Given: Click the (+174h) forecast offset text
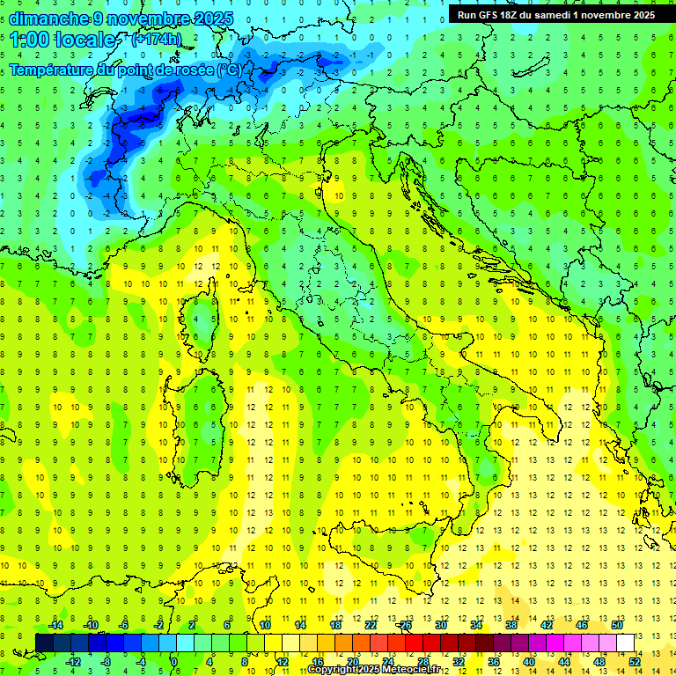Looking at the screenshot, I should [x=156, y=40].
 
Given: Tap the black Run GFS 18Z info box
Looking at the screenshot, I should [x=555, y=15].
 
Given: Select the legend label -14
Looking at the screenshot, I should [x=55, y=625].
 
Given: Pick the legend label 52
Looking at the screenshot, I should [x=634, y=661].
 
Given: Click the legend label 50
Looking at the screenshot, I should [x=617, y=625].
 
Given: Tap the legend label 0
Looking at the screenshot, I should [x=174, y=661].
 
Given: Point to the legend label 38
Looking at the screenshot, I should [x=511, y=625].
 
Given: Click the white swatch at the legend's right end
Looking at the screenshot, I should [x=626, y=643].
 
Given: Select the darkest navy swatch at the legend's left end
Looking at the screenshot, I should [x=44, y=643].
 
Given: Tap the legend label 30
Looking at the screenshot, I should [x=440, y=625].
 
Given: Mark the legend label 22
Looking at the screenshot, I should [x=371, y=625].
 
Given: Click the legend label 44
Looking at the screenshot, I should [x=563, y=661].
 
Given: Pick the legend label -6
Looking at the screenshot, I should [x=124, y=625].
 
